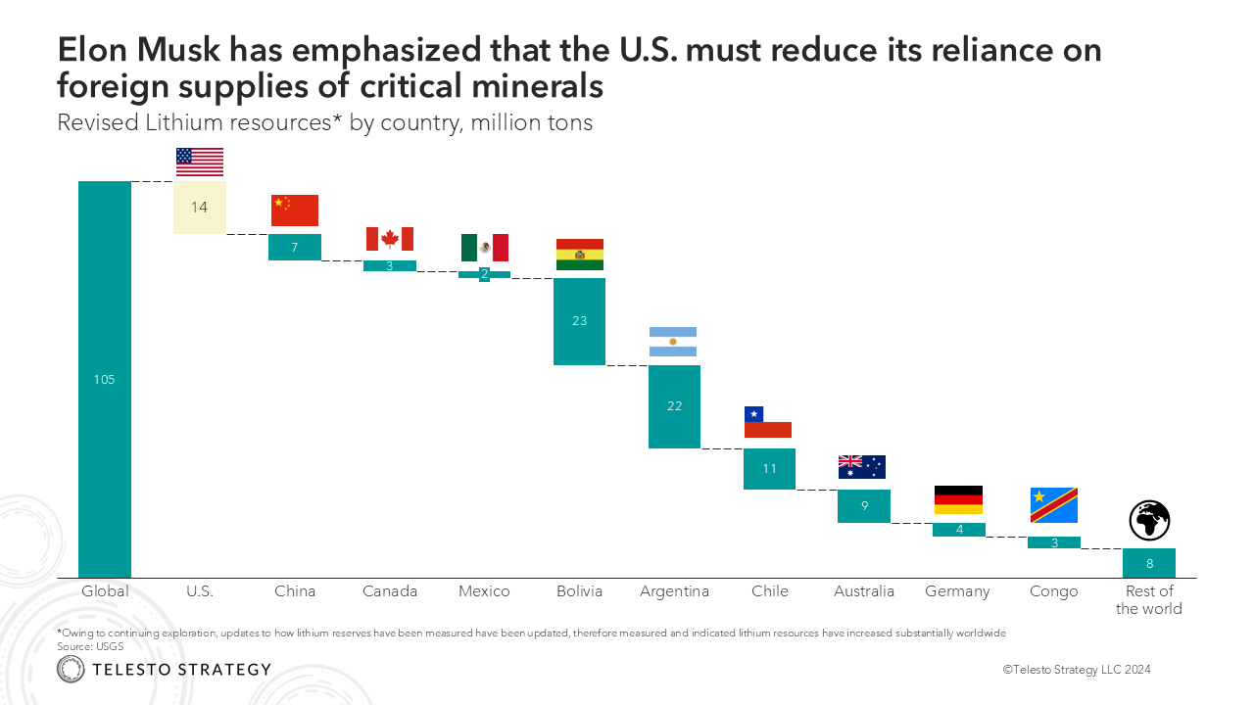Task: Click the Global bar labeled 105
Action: click(x=105, y=379)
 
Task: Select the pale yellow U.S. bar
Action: click(x=200, y=208)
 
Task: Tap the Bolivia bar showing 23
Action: click(x=580, y=321)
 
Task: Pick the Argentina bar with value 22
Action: click(x=674, y=406)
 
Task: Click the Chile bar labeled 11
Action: click(x=769, y=468)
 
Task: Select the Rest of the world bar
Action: click(x=1149, y=563)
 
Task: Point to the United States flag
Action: click(x=200, y=163)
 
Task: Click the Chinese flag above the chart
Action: click(x=295, y=211)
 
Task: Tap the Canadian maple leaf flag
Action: click(x=390, y=239)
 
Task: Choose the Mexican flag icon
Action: click(x=485, y=248)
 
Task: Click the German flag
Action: click(x=958, y=499)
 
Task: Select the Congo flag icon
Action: click(x=1054, y=505)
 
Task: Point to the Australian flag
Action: click(x=862, y=467)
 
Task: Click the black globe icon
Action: click(x=1149, y=520)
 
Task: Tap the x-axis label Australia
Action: click(x=864, y=591)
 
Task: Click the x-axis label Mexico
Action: click(x=484, y=591)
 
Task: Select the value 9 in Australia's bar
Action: click(x=864, y=506)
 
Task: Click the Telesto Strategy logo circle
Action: click(x=71, y=670)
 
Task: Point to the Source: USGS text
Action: click(x=91, y=646)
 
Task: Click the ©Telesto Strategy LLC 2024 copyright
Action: click(x=1076, y=670)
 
